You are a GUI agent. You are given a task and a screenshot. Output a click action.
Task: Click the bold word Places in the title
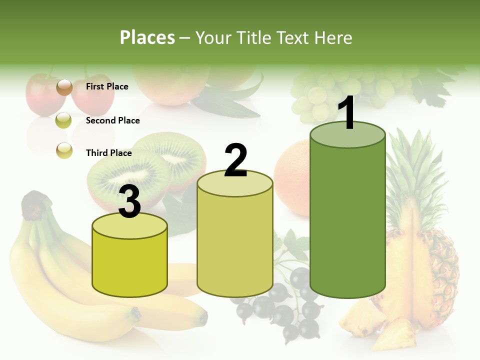click(147, 37)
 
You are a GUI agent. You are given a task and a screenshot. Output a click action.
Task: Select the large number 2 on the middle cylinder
click(235, 160)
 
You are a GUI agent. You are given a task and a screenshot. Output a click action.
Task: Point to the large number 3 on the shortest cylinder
click(130, 202)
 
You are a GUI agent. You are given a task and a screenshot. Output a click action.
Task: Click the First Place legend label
click(107, 86)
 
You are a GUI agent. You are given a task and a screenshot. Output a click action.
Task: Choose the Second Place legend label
click(112, 120)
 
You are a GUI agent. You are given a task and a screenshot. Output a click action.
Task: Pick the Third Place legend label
click(108, 153)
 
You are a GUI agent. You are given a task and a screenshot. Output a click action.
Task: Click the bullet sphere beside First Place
click(64, 87)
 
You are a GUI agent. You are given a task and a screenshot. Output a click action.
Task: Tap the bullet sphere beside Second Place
click(63, 120)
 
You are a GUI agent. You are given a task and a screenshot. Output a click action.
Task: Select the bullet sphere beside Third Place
click(64, 150)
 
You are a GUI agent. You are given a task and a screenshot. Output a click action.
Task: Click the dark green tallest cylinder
click(347, 220)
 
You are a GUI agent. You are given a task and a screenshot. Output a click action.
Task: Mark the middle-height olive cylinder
click(235, 240)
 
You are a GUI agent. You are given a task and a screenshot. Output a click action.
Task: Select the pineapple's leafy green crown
click(412, 165)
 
